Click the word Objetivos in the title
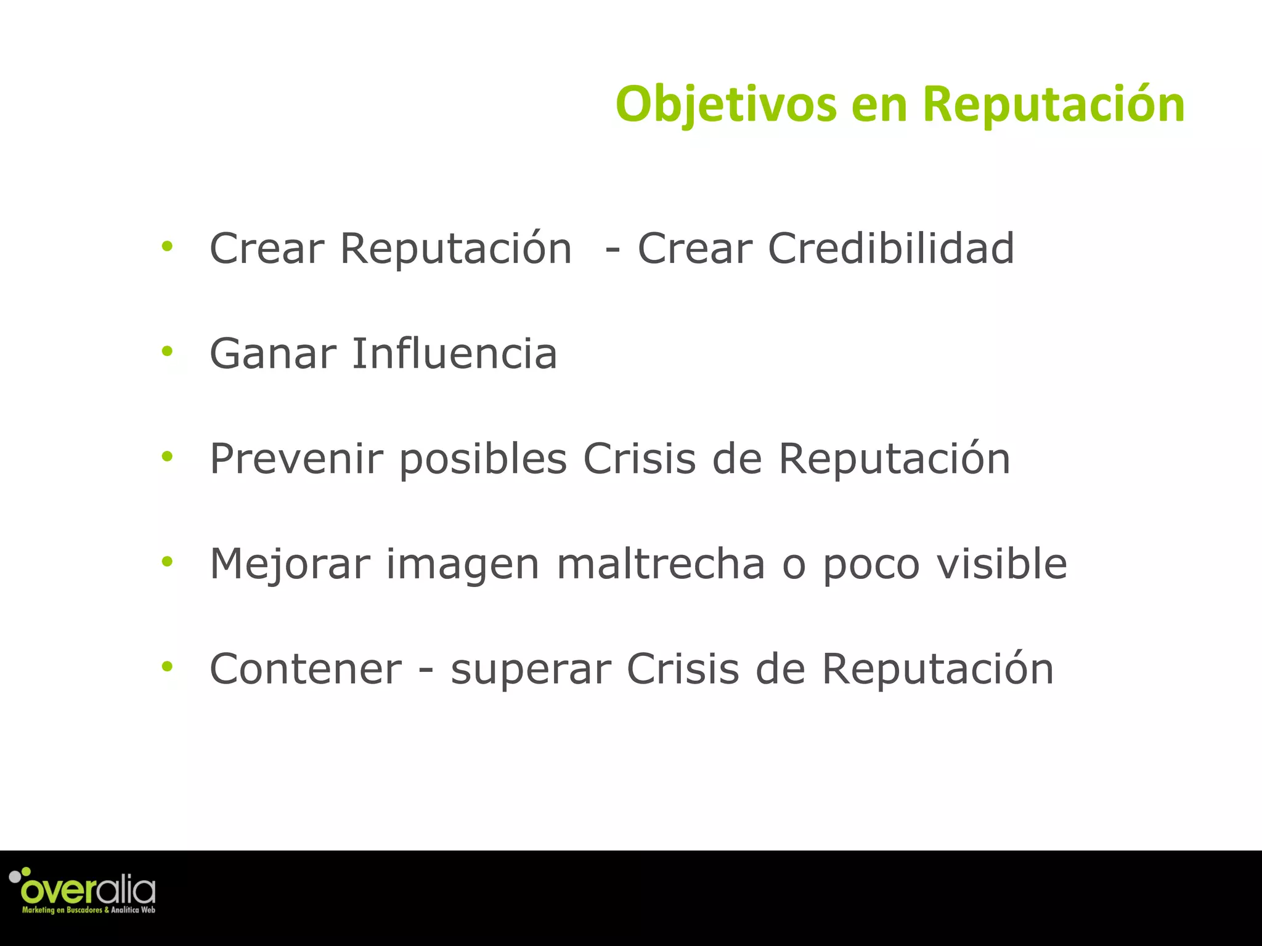coord(726,105)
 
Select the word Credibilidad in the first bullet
coord(890,248)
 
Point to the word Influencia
coord(454,354)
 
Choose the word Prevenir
coord(296,459)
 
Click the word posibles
coord(483,460)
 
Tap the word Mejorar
coord(290,564)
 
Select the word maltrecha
coord(661,564)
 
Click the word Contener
coord(306,669)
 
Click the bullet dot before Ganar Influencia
coord(167,352)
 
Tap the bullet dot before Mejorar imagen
coord(167,562)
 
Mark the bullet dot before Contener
coord(167,666)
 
